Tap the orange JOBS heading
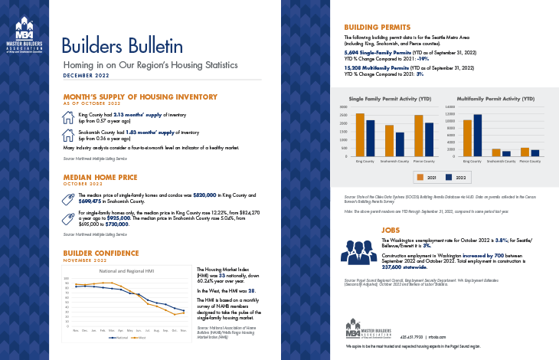(391, 229)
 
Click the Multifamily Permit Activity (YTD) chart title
(496, 100)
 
